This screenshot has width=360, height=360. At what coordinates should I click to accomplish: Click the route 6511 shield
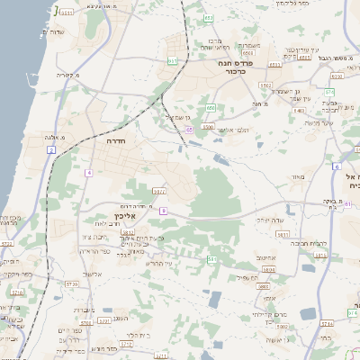66,13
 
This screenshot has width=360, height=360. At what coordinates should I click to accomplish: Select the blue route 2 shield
52,148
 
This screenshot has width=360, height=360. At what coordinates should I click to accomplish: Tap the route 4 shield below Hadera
88,171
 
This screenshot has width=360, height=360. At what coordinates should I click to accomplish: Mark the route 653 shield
209,18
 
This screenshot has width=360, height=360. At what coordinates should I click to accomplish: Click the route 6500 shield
208,128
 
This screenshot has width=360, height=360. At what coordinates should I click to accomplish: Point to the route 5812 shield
158,191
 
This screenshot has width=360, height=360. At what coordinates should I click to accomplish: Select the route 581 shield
211,259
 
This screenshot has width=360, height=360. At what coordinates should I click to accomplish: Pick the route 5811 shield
282,235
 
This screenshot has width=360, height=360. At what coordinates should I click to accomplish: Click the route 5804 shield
267,268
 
